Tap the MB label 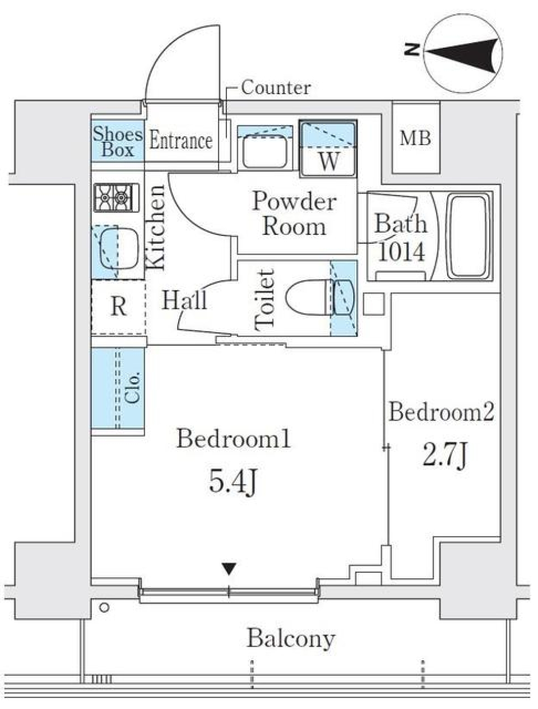coord(415,138)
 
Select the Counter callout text coord(276,87)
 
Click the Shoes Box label coord(118,141)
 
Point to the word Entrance coord(181,141)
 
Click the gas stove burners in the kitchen coord(116,197)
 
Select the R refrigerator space coord(118,307)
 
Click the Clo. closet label coord(132,388)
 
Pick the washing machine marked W coord(328,149)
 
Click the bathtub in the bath coord(467,236)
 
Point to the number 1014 coord(401,252)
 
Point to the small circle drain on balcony coord(104,608)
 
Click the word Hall coord(184,300)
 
